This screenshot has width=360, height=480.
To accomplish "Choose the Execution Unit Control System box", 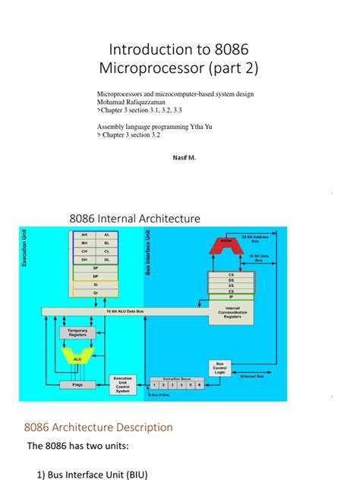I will pyautogui.click(x=123, y=383).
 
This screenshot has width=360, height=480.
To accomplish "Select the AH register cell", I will pyautogui.click(x=84, y=235).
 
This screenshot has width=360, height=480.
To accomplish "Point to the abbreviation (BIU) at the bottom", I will pyautogui.click(x=133, y=475).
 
